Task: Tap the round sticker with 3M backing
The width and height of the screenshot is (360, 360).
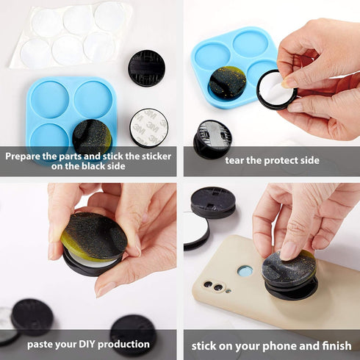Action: [149, 128]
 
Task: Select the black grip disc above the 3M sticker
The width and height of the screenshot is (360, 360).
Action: [147, 68]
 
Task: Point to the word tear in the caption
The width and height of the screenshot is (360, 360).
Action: [238, 161]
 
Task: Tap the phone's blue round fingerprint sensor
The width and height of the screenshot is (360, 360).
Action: [245, 271]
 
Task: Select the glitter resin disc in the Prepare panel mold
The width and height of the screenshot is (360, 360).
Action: [93, 137]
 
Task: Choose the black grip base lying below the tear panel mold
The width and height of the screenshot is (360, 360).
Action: [214, 139]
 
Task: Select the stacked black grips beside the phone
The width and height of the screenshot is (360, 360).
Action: [212, 203]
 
